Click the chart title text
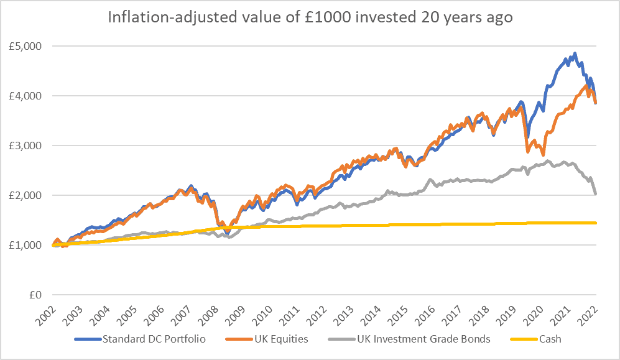[x=310, y=17]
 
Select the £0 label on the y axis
[x=34, y=295]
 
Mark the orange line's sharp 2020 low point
[x=543, y=155]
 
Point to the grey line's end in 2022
[x=596, y=194]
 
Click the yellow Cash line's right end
[x=596, y=223]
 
